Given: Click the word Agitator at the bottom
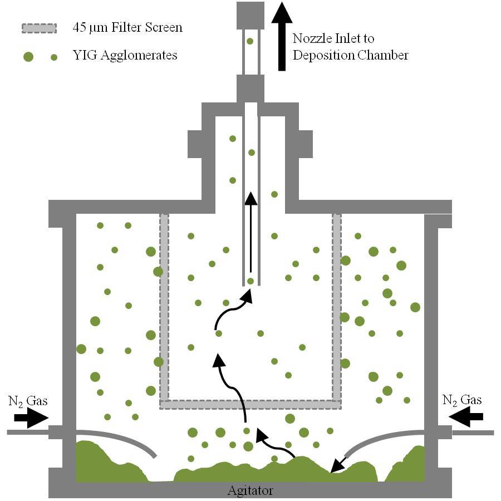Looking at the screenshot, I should pos(250,490).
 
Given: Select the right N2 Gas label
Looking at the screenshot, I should pos(462,400).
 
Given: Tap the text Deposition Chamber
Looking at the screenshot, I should pos(351,55).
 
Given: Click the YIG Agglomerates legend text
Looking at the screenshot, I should pos(125,56).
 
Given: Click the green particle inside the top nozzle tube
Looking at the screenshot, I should pos(250,41).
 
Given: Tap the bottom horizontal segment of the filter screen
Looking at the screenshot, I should pos(250,404).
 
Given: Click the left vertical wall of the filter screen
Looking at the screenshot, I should pos(164,306).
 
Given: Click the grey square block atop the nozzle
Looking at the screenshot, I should pos(250,15).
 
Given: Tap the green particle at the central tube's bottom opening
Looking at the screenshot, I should pos(250,281).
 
